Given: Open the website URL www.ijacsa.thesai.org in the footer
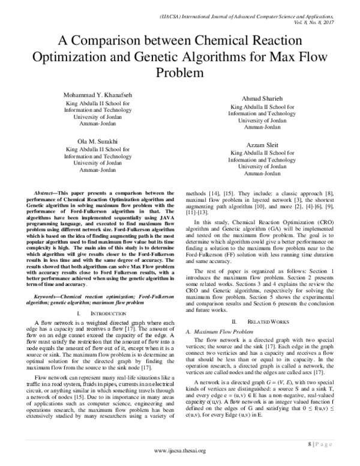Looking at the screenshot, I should coord(179,451).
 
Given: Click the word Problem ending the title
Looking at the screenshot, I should coord(180,74).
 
